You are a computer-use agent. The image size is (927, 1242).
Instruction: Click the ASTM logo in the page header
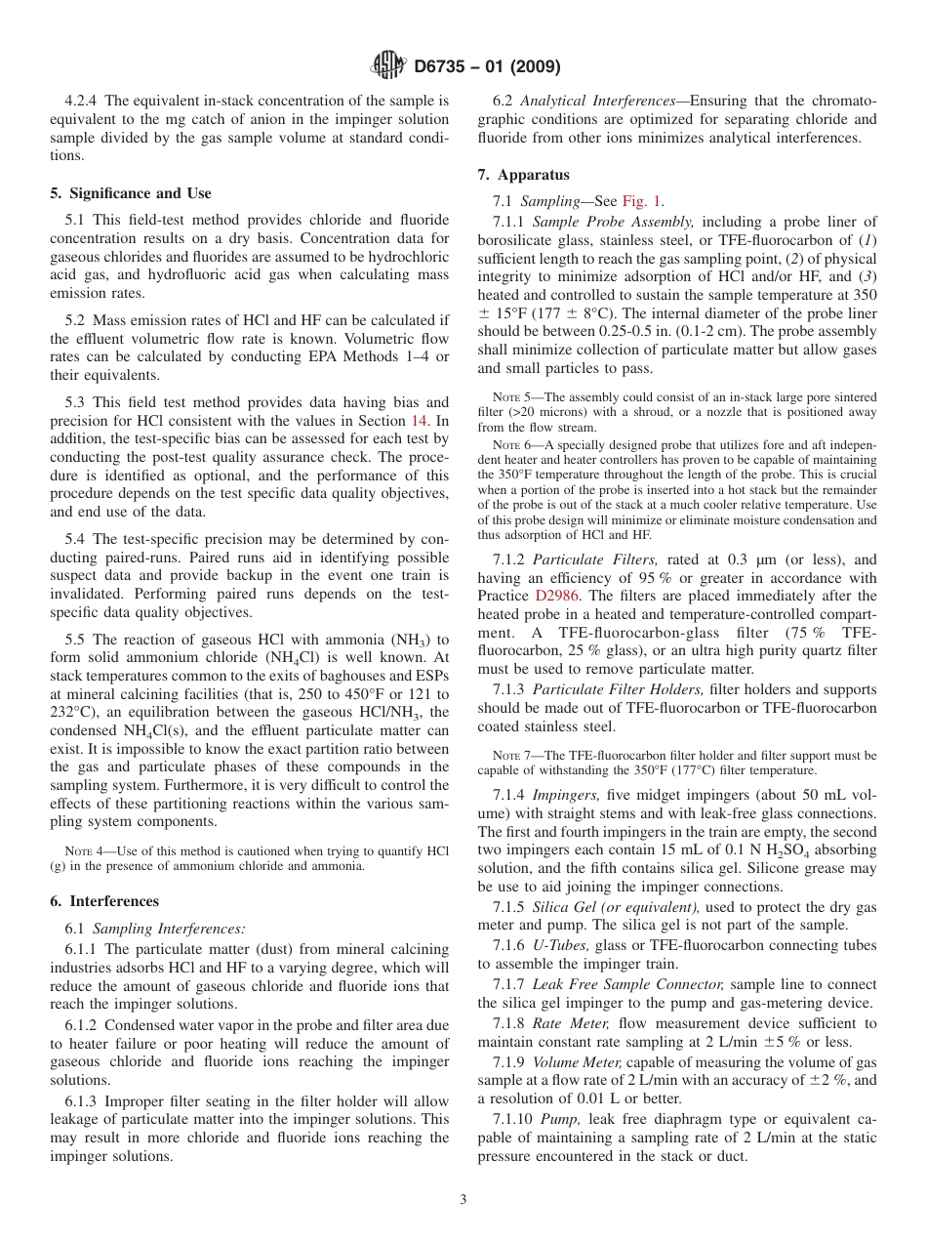pyautogui.click(x=388, y=66)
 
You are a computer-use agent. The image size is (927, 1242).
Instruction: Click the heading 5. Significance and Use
pyautogui.click(x=131, y=193)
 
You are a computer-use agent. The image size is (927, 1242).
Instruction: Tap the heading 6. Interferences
pyautogui.click(x=104, y=901)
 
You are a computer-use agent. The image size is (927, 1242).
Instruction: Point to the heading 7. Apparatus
pyautogui.click(x=524, y=175)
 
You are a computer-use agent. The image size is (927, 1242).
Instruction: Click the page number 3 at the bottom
pyautogui.click(x=463, y=1199)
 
